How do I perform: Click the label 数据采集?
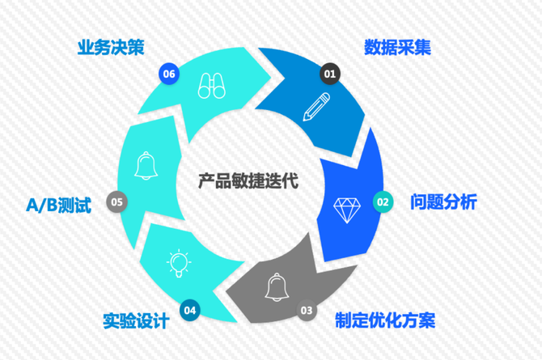click(x=397, y=48)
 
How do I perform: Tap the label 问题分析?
click(x=443, y=201)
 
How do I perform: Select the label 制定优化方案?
click(x=385, y=320)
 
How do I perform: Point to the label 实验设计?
click(x=136, y=320)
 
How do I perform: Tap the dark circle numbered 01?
click(x=330, y=74)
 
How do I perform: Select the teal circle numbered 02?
click(x=383, y=201)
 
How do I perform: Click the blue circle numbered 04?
click(x=190, y=309)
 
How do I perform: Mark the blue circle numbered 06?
click(x=168, y=74)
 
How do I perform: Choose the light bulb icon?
click(x=177, y=263)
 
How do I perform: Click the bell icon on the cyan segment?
click(x=146, y=165)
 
